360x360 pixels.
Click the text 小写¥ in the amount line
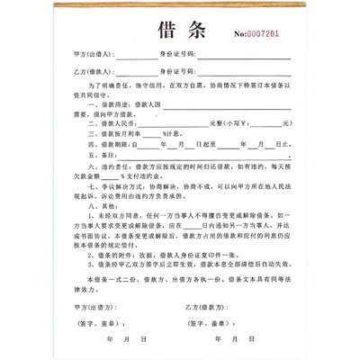(x=237, y=123)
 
